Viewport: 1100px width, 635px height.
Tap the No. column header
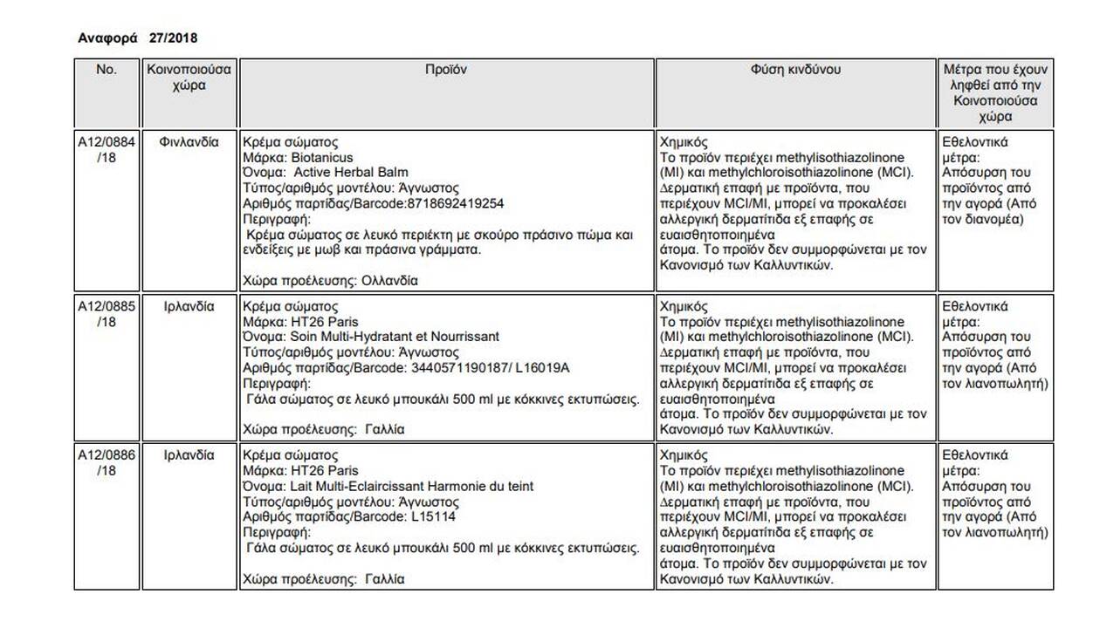click(x=107, y=69)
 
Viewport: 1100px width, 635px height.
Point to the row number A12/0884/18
click(x=107, y=149)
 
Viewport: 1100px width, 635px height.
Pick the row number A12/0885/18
click(x=107, y=314)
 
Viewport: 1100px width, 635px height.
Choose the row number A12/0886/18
click(x=107, y=462)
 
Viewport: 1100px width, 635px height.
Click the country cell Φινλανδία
click(x=189, y=141)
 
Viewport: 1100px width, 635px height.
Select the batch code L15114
click(x=433, y=516)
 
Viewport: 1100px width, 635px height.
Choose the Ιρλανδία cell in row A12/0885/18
click(x=189, y=307)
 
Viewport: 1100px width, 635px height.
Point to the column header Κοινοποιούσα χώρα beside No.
click(x=189, y=77)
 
